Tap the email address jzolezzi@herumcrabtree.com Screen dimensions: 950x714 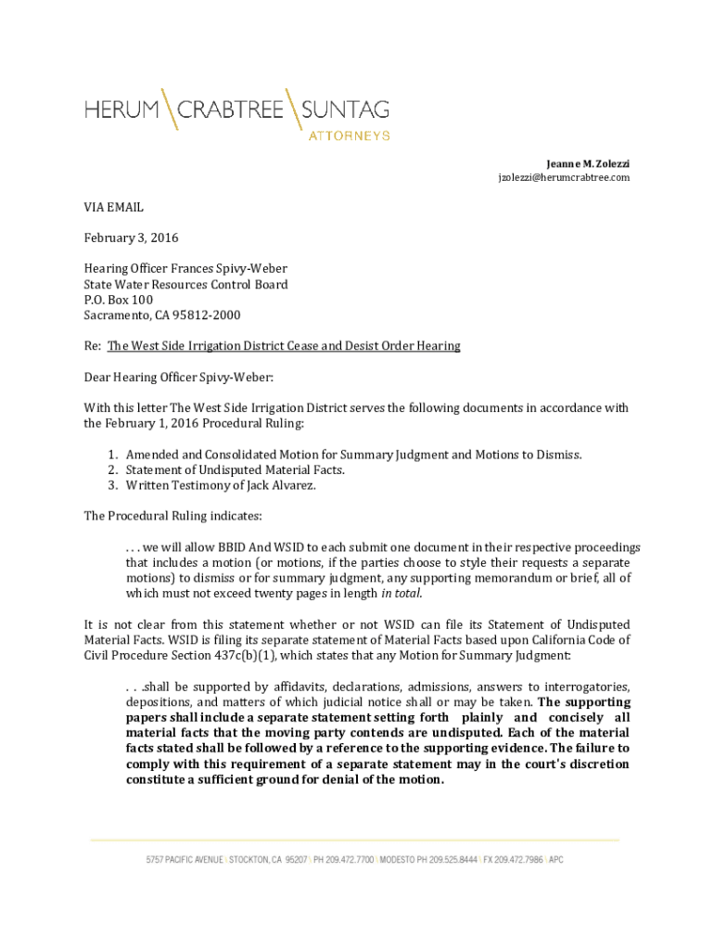(x=564, y=177)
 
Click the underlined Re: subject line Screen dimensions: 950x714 (x=283, y=346)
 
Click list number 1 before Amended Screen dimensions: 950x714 (x=111, y=454)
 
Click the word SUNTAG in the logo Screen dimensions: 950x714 (x=346, y=110)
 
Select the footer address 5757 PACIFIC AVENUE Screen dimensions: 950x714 (x=185, y=860)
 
